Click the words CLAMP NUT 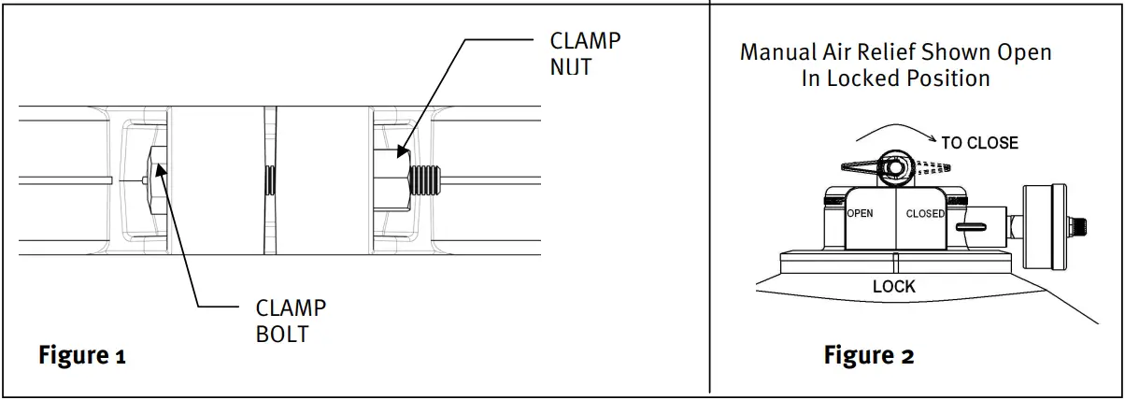(x=585, y=54)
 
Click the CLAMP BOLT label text (x=291, y=321)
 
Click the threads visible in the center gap (x=270, y=177)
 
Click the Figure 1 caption (x=81, y=356)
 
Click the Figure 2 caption (x=868, y=356)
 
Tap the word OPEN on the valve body (x=860, y=214)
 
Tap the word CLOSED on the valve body (x=925, y=214)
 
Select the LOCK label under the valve (x=894, y=286)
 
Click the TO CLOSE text (x=979, y=143)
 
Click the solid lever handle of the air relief (x=864, y=166)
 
